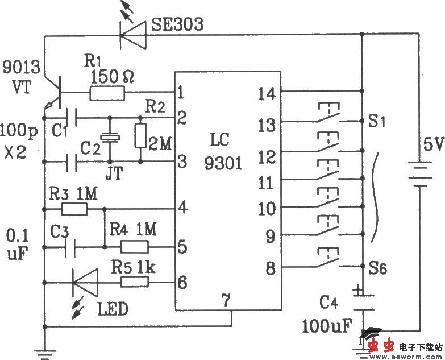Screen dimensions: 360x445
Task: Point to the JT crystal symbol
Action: [108, 136]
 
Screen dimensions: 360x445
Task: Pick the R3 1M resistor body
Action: [74, 209]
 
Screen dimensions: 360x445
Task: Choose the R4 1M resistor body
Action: [134, 247]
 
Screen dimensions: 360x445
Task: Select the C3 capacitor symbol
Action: [72, 247]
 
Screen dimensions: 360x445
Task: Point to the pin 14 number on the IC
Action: [267, 93]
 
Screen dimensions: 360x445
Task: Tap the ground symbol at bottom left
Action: [44, 350]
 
